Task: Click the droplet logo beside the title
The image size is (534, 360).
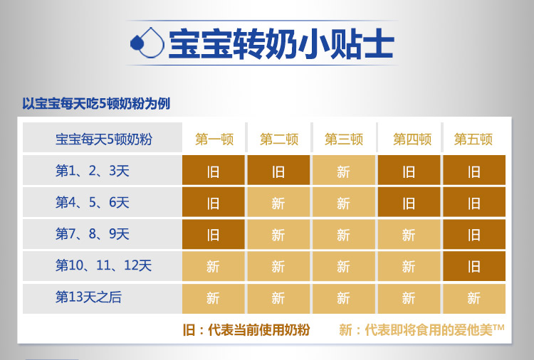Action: click(147, 43)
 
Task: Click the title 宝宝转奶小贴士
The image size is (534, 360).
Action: click(282, 43)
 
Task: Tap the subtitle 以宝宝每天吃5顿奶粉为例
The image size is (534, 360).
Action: click(96, 104)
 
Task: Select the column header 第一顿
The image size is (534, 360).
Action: click(214, 139)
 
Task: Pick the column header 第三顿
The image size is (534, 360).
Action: click(344, 139)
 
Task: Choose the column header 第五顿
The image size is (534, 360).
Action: click(473, 139)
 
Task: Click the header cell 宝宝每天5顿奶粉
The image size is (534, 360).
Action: click(103, 139)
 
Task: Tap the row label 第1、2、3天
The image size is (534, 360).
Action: click(93, 171)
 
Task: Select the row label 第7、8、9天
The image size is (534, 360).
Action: click(93, 234)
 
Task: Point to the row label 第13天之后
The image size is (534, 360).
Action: click(88, 297)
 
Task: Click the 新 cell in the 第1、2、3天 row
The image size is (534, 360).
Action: click(344, 170)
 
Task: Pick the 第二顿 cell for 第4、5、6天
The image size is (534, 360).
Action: click(278, 202)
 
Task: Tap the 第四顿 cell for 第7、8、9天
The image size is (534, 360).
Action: click(409, 234)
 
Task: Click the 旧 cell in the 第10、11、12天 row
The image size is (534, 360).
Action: click(474, 266)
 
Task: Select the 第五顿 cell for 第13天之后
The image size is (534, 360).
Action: click(474, 298)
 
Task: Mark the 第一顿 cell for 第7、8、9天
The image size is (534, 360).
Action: click(213, 234)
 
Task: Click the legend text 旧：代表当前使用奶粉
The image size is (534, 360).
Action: click(246, 329)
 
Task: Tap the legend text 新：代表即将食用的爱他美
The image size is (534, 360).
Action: click(422, 329)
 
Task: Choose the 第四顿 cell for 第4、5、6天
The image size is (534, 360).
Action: click(409, 202)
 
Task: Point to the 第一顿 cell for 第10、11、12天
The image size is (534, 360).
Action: click(213, 266)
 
